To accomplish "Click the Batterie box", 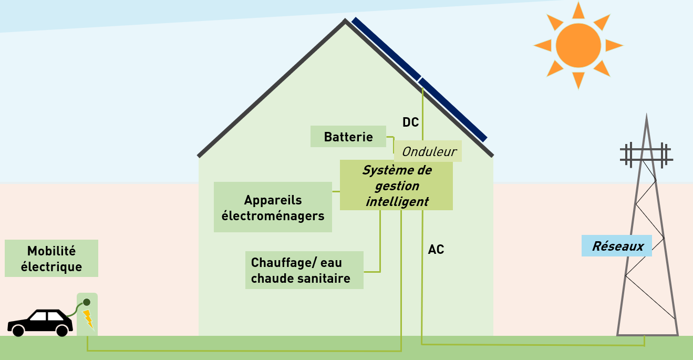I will click(x=348, y=137).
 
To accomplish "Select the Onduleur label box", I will click(x=428, y=151).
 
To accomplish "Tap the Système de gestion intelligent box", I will click(x=396, y=185).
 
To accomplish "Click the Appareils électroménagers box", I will click(x=273, y=207).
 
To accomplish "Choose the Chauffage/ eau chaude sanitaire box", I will click(x=304, y=270).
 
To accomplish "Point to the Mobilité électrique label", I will click(x=51, y=259).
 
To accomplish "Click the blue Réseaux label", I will click(x=617, y=245).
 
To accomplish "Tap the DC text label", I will click(x=410, y=122).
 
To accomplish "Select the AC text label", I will click(x=436, y=250).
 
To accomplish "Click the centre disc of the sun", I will click(x=578, y=45).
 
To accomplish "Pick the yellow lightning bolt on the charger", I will click(x=88, y=318).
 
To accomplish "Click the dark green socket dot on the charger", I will click(x=87, y=302).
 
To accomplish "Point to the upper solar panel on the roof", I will click(x=386, y=48).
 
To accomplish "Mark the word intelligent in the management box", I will click(x=397, y=202).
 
